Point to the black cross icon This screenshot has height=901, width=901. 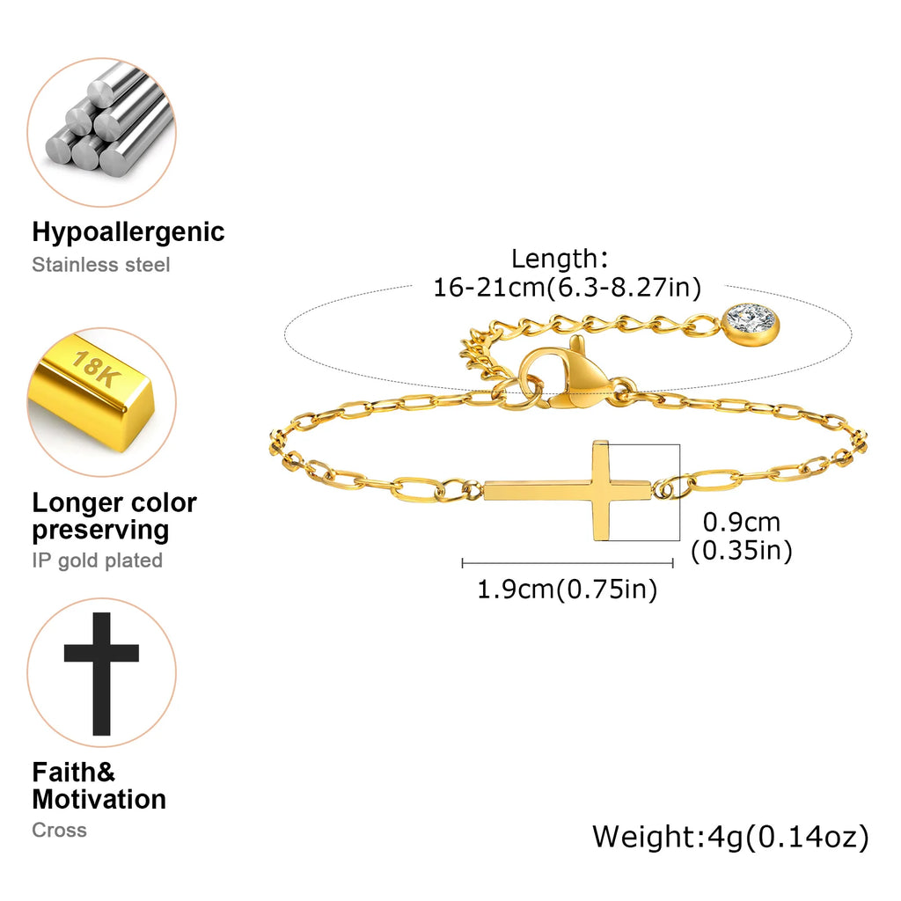tap(101, 673)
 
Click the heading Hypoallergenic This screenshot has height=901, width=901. tap(128, 232)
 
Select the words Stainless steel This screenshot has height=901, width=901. tap(101, 265)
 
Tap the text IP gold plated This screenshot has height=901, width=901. tap(98, 560)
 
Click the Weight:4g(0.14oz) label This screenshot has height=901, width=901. tap(730, 836)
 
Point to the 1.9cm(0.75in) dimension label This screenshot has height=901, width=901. tap(568, 590)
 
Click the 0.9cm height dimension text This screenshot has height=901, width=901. tap(742, 523)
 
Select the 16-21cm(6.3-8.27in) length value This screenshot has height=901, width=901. tap(568, 287)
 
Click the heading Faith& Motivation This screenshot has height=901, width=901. tap(99, 786)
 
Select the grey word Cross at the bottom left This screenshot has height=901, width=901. tap(60, 830)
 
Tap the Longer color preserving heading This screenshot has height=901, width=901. tap(114, 516)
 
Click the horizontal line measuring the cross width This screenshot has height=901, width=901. tap(568, 563)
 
